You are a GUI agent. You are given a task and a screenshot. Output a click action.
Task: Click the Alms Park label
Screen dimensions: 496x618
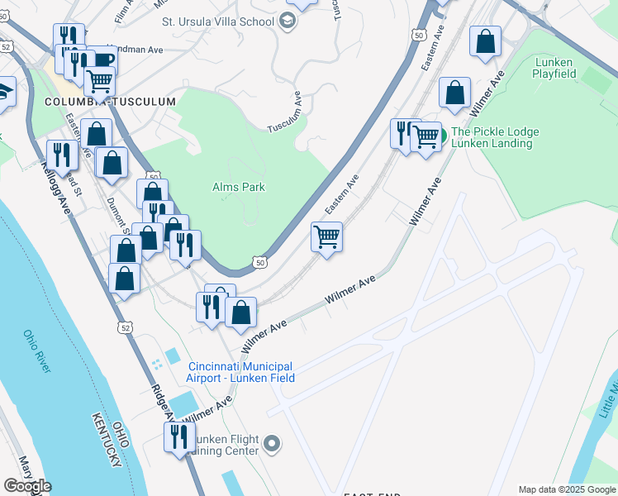click(239, 187)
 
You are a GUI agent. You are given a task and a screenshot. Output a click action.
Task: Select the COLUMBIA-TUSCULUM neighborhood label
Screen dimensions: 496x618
click(111, 102)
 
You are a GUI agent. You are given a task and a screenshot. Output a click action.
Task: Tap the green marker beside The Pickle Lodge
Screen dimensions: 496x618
click(441, 134)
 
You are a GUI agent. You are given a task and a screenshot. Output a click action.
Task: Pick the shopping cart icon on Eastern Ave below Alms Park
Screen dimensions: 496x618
click(327, 237)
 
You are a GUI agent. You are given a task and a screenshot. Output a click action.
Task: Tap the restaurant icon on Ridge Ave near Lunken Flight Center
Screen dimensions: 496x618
click(178, 436)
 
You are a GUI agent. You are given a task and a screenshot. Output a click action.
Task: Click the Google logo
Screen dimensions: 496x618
click(27, 486)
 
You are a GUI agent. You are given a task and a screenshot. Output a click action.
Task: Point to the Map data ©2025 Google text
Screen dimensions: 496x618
click(567, 489)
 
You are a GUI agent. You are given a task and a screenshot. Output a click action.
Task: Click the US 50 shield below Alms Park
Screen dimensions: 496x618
click(260, 262)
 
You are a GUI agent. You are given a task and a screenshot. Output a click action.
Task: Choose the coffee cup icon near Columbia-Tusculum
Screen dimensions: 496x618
click(102, 60)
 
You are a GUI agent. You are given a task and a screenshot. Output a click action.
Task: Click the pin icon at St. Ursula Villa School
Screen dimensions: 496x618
click(288, 21)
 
